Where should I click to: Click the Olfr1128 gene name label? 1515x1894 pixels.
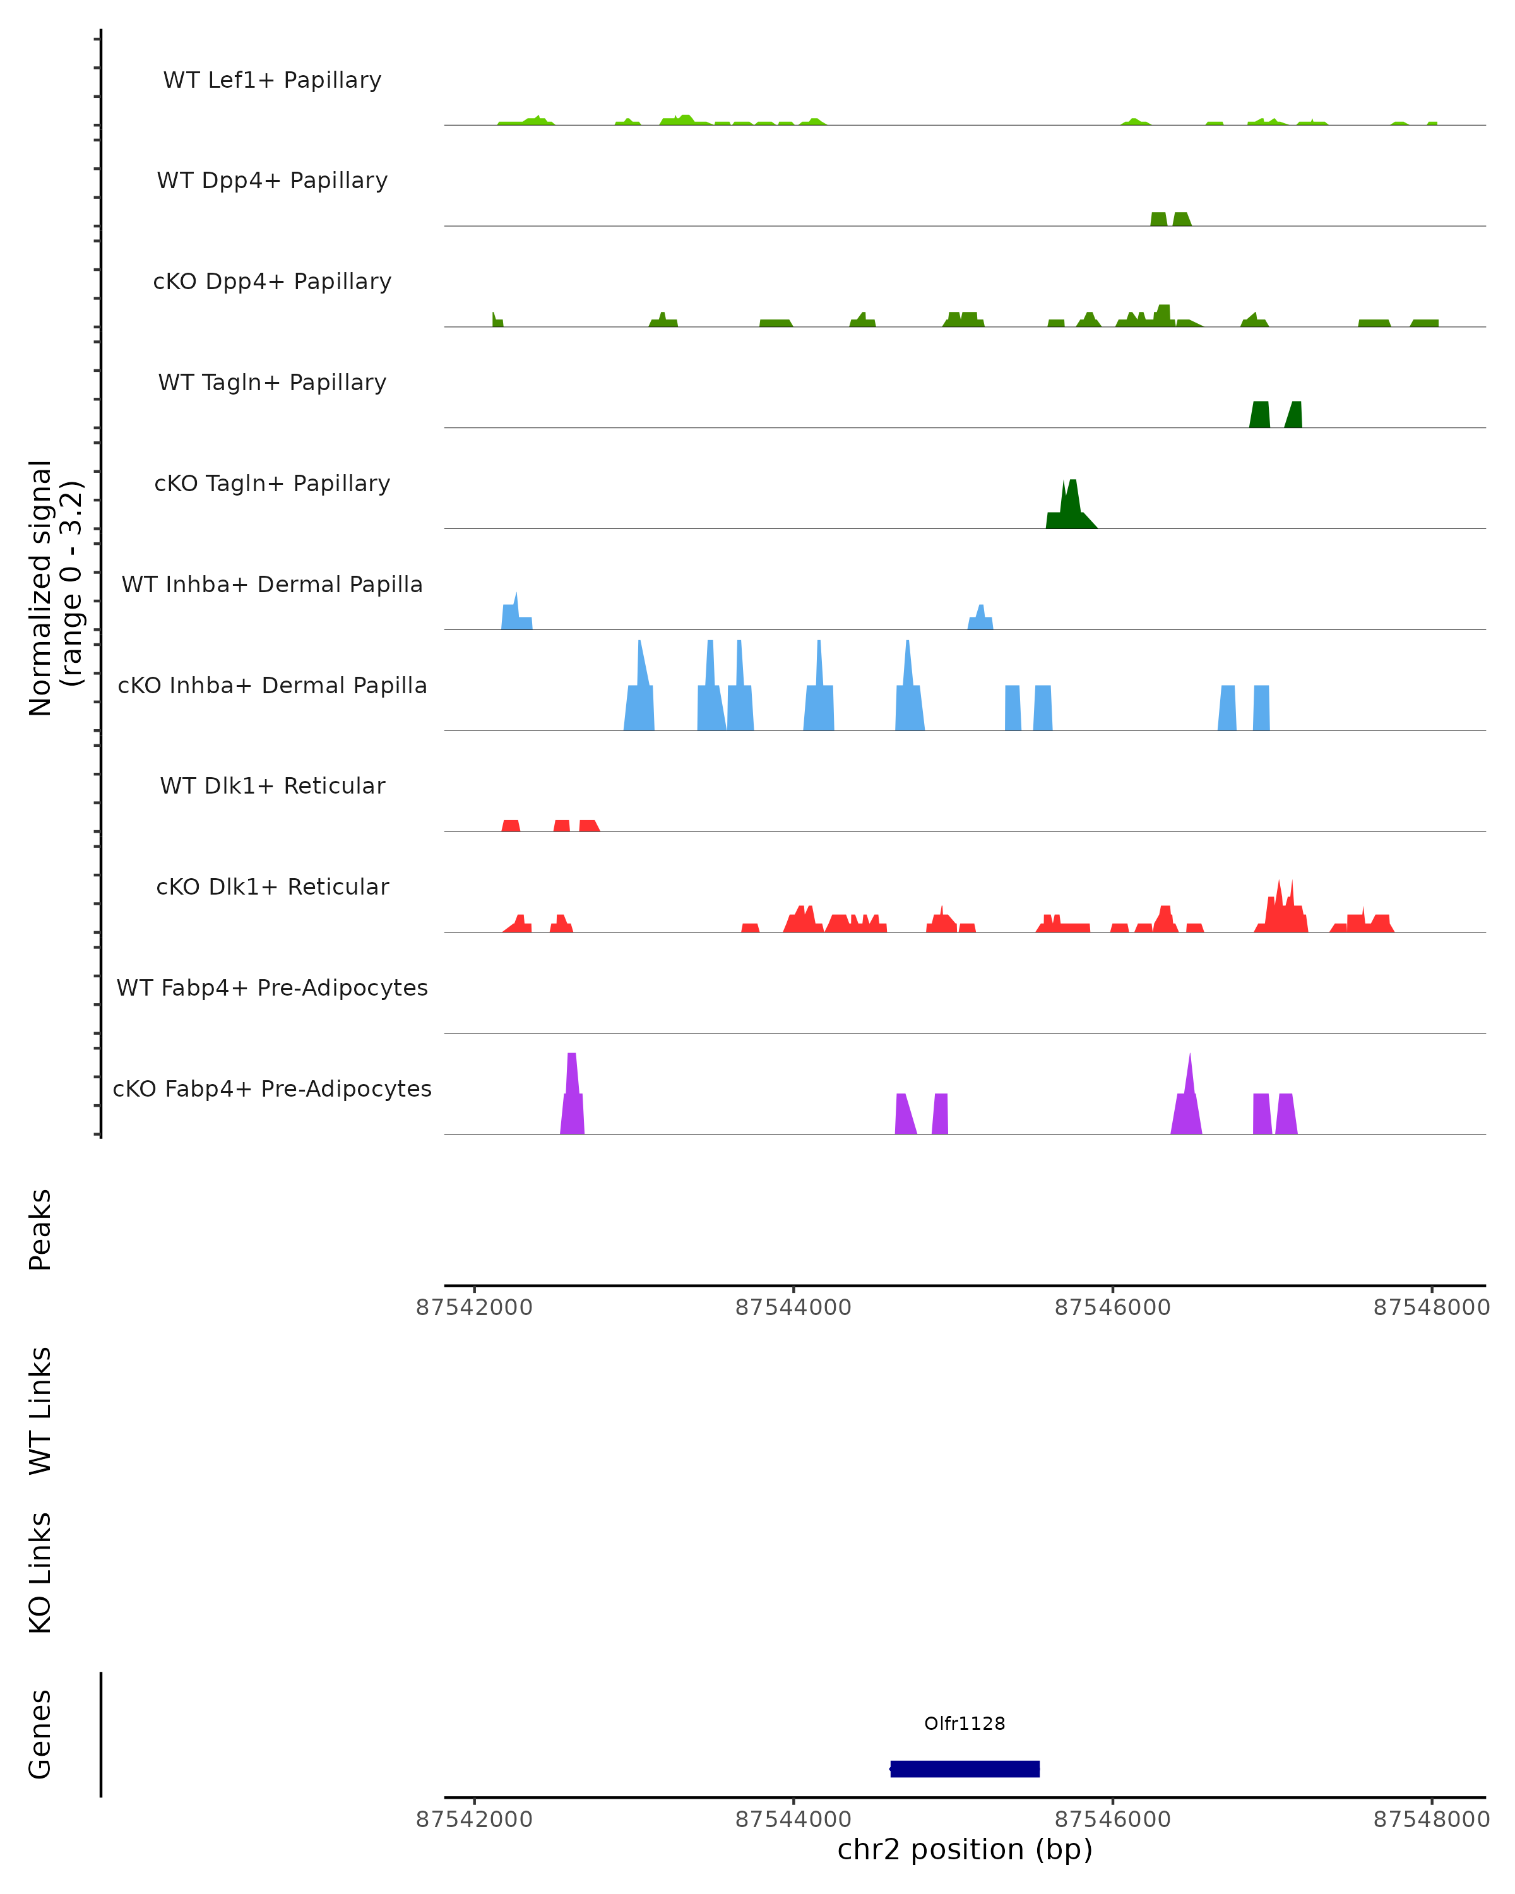tap(965, 1724)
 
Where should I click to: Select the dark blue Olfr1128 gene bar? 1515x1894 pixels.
tap(965, 1769)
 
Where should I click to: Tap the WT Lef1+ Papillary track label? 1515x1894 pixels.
tap(272, 80)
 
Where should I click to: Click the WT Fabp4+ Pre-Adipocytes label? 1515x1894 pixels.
tap(272, 987)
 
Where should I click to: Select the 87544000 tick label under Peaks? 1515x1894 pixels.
tap(793, 1307)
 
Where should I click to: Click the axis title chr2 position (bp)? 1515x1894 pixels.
tap(965, 1850)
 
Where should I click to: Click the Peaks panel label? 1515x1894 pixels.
tap(40, 1230)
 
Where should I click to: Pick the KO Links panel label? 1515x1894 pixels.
tap(40, 1573)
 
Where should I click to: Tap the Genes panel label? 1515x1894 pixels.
tap(40, 1734)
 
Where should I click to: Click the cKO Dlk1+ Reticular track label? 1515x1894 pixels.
tap(272, 886)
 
